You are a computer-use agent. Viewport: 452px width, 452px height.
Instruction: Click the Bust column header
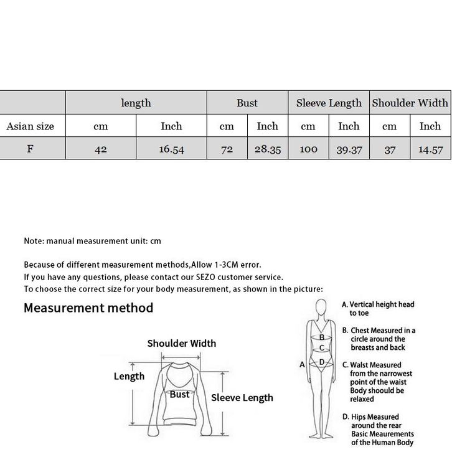tap(247, 103)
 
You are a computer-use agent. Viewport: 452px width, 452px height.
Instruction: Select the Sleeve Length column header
tap(329, 103)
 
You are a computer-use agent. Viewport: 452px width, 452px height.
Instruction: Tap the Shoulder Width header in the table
tap(410, 103)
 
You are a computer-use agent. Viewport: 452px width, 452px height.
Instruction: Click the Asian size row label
tap(31, 126)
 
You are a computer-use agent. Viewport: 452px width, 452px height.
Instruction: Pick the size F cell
tap(31, 149)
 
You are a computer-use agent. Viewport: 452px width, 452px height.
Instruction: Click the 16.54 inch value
tap(171, 149)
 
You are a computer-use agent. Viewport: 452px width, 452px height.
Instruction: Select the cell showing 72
tap(227, 149)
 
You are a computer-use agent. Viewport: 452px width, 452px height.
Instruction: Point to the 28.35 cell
tap(267, 149)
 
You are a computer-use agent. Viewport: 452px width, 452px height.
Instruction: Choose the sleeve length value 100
tap(308, 149)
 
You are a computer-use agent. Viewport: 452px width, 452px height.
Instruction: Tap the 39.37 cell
tap(349, 149)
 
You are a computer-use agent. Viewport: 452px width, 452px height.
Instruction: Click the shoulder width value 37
tap(389, 149)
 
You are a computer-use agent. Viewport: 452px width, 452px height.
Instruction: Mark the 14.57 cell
tap(430, 149)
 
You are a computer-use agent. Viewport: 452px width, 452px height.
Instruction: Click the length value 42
tap(100, 149)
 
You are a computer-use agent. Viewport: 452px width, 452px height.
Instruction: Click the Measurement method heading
tap(88, 308)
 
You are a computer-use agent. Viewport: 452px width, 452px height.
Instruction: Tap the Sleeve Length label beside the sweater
tap(242, 398)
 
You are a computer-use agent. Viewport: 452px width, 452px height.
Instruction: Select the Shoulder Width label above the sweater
tap(181, 343)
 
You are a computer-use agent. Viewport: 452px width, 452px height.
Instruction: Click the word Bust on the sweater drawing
tap(179, 394)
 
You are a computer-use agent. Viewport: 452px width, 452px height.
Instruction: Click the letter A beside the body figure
tap(302, 364)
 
